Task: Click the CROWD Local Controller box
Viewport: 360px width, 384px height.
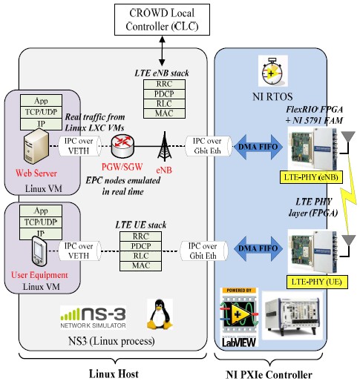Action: [x=162, y=19]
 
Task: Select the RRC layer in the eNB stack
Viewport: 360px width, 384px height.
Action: [x=164, y=84]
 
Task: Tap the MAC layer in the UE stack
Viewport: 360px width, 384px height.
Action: [x=140, y=266]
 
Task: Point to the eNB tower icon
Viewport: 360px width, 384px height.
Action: [x=165, y=147]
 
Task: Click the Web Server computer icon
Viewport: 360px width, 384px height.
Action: [x=36, y=147]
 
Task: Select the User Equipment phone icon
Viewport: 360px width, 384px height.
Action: [x=39, y=251]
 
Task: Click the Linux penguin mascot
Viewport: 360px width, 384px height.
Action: [x=160, y=314]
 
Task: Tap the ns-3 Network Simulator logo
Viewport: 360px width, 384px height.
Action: [x=93, y=317]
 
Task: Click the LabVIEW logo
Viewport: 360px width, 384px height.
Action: [x=239, y=318]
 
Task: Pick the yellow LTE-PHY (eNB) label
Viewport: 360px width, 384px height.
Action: [x=311, y=177]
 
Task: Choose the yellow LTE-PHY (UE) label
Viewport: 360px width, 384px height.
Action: [x=317, y=282]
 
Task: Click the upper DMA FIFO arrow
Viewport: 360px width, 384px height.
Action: [x=258, y=147]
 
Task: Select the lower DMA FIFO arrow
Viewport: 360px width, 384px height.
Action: [x=258, y=248]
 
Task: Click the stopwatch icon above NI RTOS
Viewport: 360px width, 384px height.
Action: [x=272, y=71]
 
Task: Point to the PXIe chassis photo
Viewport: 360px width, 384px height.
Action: [x=292, y=315]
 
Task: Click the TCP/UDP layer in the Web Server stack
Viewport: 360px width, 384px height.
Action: [x=41, y=112]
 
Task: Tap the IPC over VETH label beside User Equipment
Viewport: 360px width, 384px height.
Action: [x=79, y=251]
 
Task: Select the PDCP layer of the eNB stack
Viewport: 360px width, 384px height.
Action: [x=164, y=94]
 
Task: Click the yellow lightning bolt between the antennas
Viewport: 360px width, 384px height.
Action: [x=349, y=195]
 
